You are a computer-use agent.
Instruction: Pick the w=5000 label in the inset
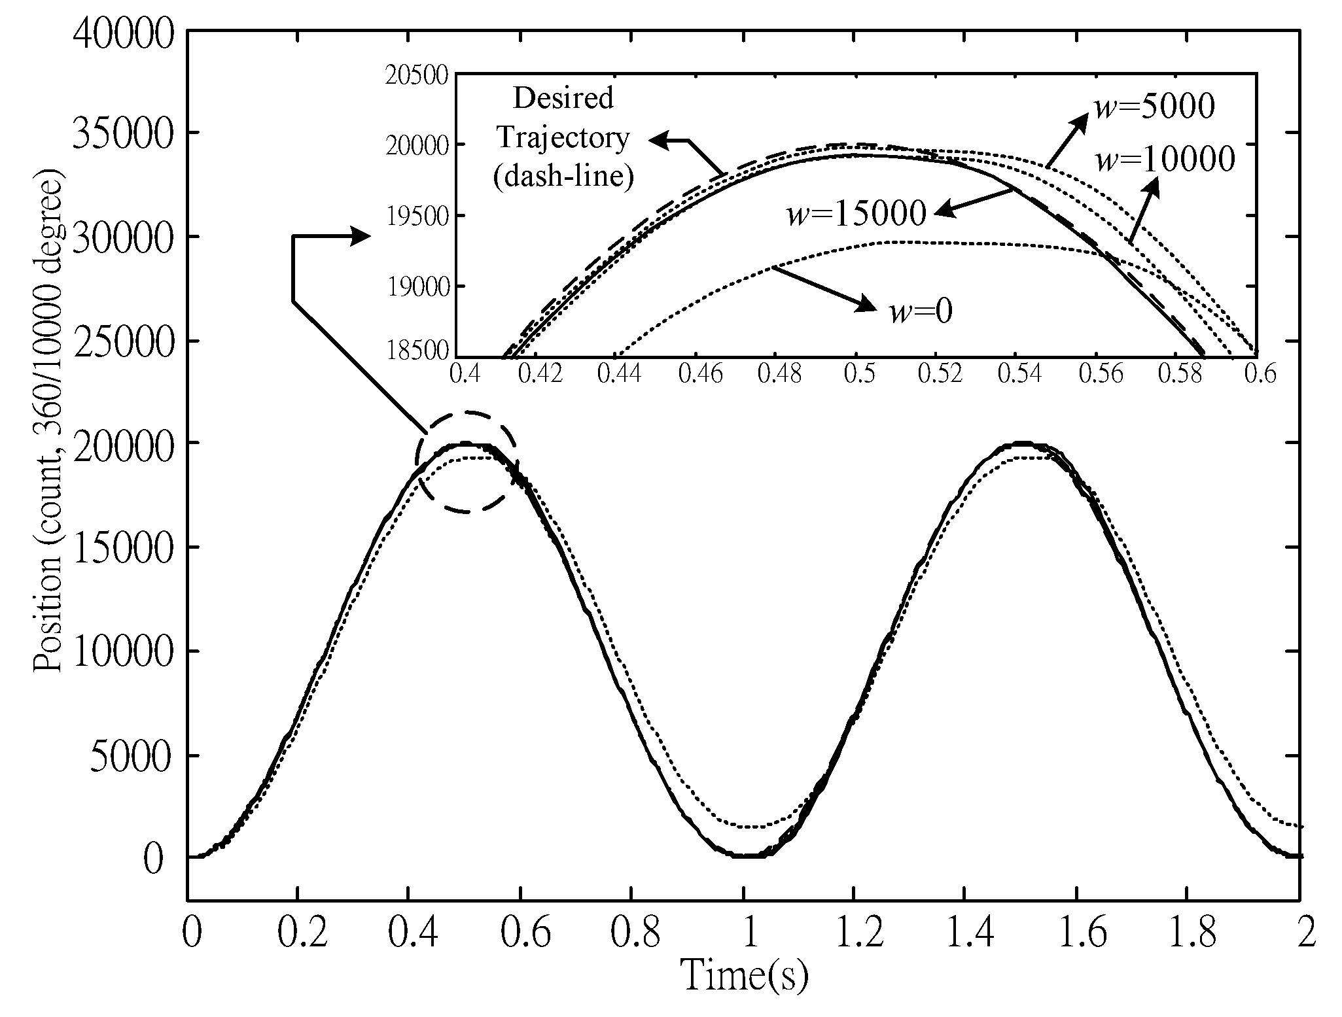(1154, 107)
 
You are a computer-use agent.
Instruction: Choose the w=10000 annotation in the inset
(1165, 159)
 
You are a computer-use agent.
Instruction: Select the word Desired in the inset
(563, 98)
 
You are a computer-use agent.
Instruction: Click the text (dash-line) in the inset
(563, 177)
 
